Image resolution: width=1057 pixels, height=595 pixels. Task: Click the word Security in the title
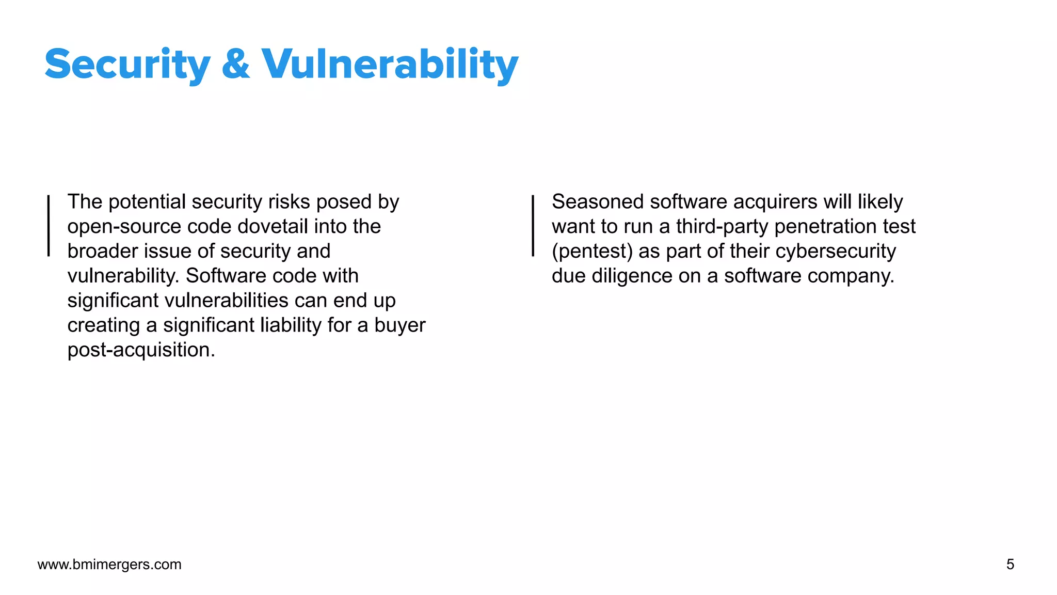coord(127,65)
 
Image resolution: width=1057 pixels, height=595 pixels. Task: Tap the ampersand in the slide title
coord(236,65)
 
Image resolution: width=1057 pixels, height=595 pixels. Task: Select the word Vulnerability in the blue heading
coord(390,65)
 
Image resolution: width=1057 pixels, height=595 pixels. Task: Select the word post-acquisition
coord(141,350)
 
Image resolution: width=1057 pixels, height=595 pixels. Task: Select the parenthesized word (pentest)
coord(592,252)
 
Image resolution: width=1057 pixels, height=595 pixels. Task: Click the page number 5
coord(1010,564)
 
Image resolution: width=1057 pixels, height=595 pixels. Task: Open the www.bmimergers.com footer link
coord(109,565)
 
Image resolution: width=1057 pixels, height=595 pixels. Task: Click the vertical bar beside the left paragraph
coord(49,226)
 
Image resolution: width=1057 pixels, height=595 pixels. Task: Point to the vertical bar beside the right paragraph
coord(533,226)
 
